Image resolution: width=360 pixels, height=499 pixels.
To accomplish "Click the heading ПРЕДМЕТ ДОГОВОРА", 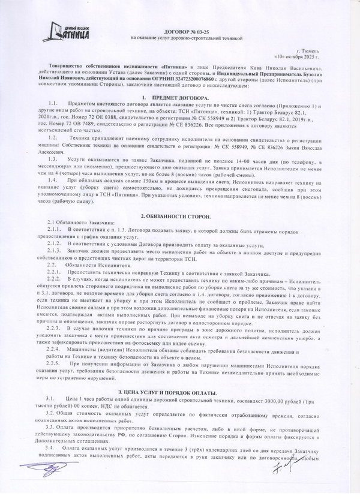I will click(179, 97).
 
